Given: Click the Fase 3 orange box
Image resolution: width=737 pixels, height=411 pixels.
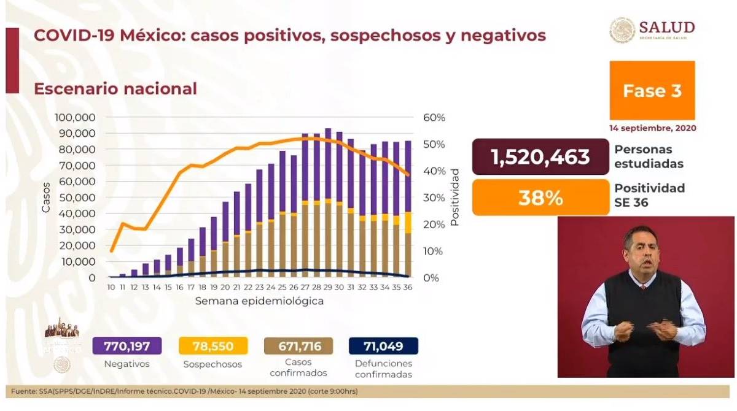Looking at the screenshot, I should (652, 90).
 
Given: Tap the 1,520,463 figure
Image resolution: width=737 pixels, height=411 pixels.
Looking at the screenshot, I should (540, 156).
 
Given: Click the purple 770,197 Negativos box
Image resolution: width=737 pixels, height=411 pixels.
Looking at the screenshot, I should (127, 346).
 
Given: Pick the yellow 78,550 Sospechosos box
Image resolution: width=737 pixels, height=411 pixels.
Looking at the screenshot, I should (214, 346).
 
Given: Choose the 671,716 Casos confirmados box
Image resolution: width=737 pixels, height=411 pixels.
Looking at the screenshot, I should (298, 346).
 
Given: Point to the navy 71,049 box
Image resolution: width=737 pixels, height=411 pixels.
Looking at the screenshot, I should (383, 346).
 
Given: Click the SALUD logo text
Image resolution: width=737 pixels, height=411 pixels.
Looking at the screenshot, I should (666, 27).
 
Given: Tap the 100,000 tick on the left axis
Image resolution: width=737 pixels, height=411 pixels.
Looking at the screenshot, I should (75, 117).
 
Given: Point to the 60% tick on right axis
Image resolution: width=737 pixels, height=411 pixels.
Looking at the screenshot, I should (433, 117).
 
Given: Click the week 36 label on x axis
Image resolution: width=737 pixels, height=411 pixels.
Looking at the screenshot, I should (407, 288).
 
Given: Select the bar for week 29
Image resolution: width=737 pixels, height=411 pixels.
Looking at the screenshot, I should (328, 202).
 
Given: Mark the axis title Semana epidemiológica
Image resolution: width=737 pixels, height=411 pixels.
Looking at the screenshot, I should (259, 302).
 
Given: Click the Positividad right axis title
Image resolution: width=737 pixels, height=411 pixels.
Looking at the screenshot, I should (455, 202).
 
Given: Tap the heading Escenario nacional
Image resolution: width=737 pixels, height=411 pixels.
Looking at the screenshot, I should (115, 88).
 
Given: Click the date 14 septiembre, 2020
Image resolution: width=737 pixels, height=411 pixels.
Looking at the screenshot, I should (653, 129).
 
